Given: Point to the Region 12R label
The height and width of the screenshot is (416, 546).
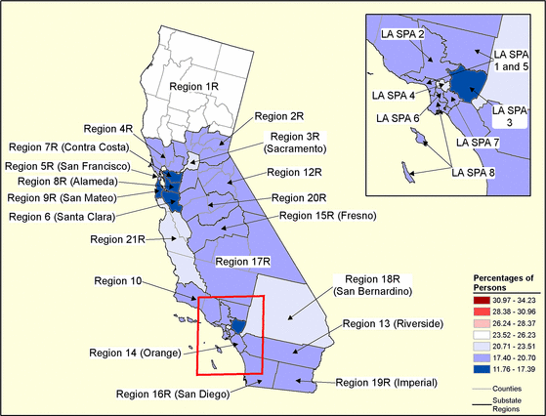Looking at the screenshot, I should pos(298,172).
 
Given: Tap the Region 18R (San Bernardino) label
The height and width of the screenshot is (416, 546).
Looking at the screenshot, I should pos(370,285).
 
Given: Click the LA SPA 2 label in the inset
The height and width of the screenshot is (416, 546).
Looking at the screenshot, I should pos(401,35).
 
